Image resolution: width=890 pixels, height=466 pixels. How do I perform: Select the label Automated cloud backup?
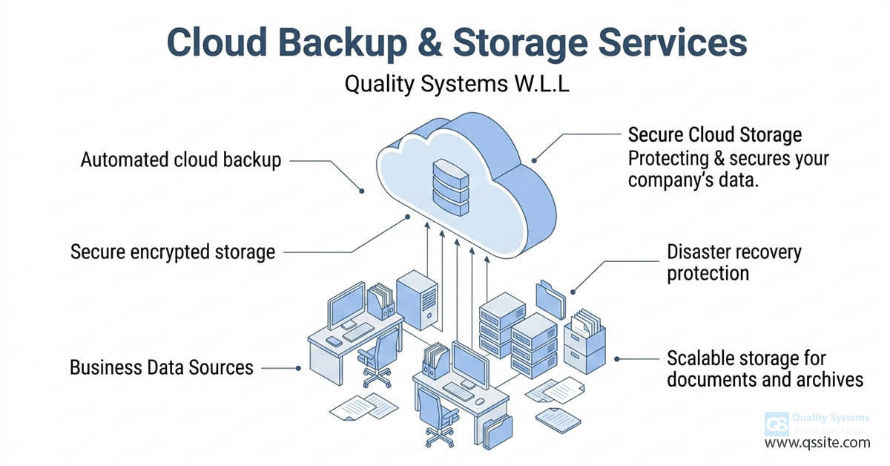tap(181, 160)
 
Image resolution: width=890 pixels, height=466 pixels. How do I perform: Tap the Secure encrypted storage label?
tap(173, 252)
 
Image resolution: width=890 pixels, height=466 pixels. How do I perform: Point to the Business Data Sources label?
tap(162, 367)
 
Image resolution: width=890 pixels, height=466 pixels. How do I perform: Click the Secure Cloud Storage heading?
tap(714, 135)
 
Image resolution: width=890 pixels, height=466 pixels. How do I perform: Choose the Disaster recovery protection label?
tap(734, 263)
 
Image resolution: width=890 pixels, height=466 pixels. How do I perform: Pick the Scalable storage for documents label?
tap(765, 370)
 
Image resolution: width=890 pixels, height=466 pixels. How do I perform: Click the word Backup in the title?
tap(351, 43)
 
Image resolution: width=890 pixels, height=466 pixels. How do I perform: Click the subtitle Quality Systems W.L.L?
tap(457, 85)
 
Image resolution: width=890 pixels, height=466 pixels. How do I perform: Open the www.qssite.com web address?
tap(817, 443)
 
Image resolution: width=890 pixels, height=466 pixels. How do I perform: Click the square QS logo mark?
tap(777, 424)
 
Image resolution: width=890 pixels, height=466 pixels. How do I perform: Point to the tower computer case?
tap(417, 299)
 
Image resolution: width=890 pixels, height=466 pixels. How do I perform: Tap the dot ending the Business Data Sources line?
tap(298, 367)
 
